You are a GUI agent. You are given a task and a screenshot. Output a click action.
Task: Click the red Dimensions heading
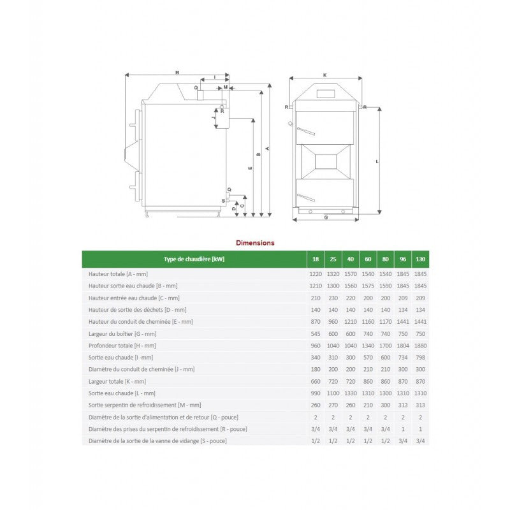pos(255,243)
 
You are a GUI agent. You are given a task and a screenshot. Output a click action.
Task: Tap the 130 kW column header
pos(420,259)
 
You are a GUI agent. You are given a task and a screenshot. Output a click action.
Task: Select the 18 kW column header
pos(316,259)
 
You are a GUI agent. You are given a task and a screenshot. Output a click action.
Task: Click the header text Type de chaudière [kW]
pos(194,259)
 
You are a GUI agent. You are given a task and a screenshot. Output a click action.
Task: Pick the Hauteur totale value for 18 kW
pos(316,273)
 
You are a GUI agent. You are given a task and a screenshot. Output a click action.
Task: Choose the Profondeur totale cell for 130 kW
pos(420,346)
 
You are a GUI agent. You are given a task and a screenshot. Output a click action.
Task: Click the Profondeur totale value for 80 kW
pos(385,346)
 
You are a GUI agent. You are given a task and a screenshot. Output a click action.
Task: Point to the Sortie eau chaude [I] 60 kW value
pos(368,358)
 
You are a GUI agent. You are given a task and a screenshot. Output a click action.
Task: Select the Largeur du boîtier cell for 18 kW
pos(316,333)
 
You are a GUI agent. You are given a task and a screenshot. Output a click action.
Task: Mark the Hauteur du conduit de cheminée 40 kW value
pos(351,321)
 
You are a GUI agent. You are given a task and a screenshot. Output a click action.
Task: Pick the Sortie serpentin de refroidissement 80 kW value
pos(385,405)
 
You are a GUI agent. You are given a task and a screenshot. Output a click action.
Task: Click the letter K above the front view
pos(324,75)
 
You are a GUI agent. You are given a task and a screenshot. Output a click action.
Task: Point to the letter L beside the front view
pos(377,161)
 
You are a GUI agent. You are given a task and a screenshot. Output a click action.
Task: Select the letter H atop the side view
pos(177,71)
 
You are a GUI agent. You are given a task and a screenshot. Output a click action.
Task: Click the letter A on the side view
pos(268,149)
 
